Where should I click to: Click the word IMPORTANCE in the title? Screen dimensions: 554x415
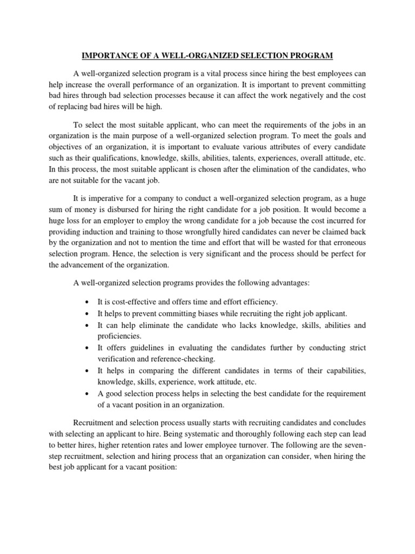pyautogui.click(x=103, y=55)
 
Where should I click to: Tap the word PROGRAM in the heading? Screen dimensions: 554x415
pyautogui.click(x=312, y=55)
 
